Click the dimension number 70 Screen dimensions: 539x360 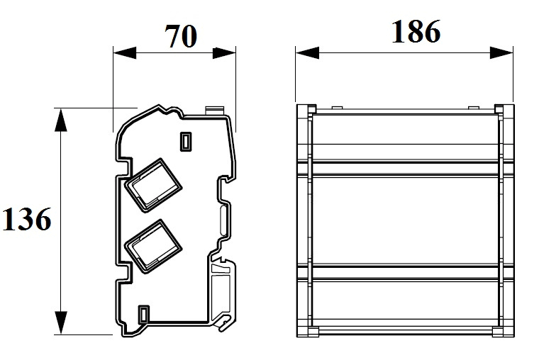point(181,36)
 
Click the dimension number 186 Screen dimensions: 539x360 point(416,32)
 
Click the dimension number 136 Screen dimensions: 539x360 point(27,219)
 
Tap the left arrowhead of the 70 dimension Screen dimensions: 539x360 point(125,53)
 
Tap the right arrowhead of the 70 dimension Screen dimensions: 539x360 point(224,53)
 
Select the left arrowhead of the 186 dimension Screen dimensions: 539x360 point(307,53)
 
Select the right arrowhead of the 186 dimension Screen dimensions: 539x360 point(501,53)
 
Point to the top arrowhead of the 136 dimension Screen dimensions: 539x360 point(61,120)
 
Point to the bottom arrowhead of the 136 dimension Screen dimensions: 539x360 point(61,322)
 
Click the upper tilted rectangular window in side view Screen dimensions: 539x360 point(153,185)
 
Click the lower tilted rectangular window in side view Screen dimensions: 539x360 point(153,247)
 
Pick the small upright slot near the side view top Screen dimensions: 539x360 point(186,142)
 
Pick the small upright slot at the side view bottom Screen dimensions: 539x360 point(144,315)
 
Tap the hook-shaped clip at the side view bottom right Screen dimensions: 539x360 point(225,322)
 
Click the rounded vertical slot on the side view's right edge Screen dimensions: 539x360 point(223,220)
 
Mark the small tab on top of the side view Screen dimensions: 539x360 point(215,111)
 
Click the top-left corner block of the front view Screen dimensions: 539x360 point(306,113)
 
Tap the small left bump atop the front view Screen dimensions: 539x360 point(337,108)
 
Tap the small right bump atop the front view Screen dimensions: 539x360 point(473,108)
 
